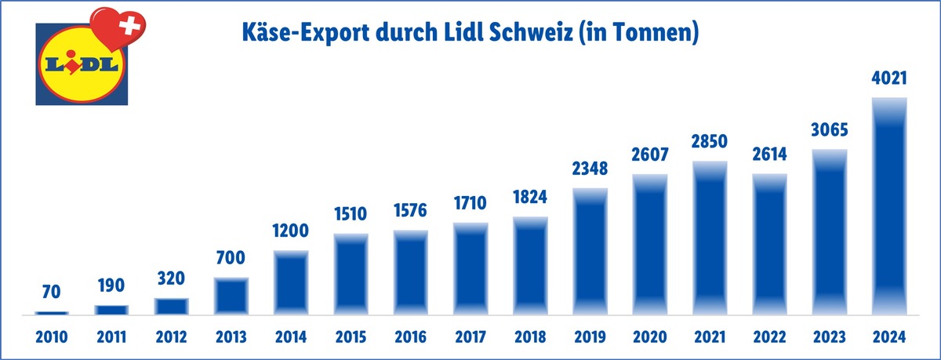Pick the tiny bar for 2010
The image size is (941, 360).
tap(52, 312)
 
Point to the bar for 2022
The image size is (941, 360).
tap(770, 243)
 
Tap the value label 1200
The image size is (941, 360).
tap(292, 231)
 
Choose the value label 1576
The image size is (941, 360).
tap(412, 213)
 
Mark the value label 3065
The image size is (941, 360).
tap(829, 130)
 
